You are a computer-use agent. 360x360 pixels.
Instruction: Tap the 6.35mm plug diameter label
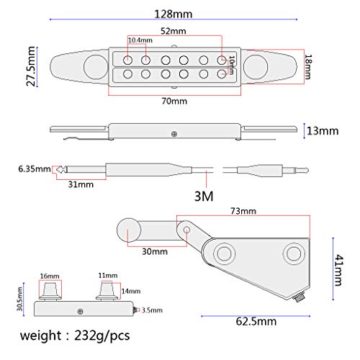point(33,170)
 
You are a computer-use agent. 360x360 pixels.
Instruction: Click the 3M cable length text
point(204,195)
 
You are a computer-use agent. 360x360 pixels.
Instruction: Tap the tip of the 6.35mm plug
point(62,171)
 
